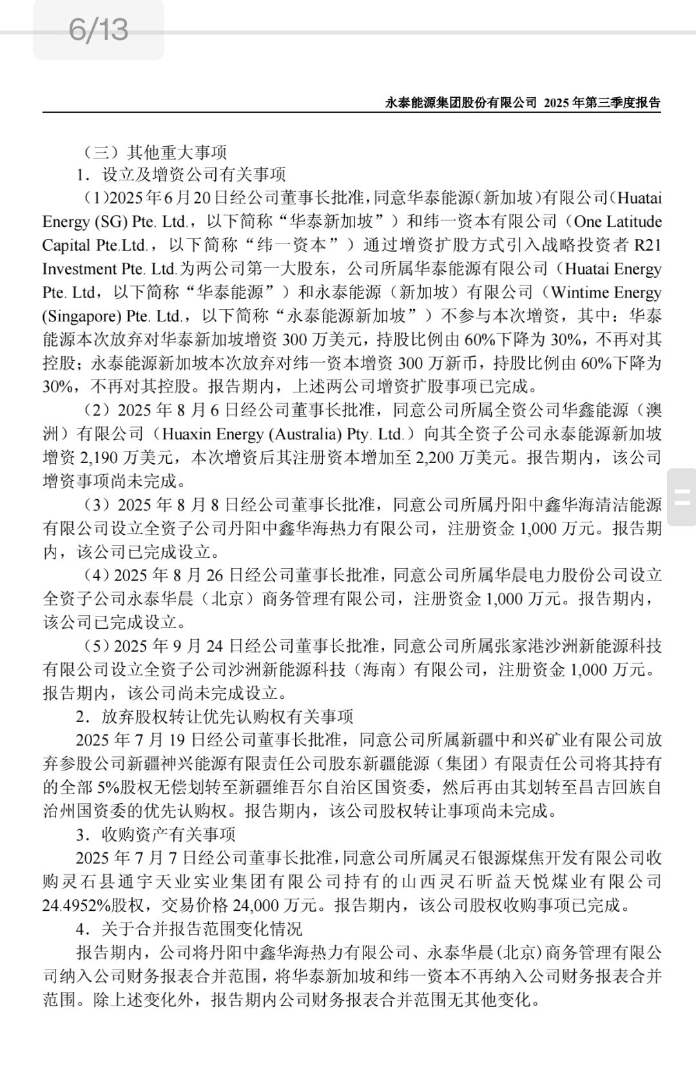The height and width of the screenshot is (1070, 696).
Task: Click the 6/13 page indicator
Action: click(x=99, y=30)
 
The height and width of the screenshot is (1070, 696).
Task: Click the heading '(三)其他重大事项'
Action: click(x=155, y=152)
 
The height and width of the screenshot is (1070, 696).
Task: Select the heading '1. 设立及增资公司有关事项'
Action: click(x=180, y=175)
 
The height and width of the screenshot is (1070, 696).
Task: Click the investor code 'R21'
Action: click(x=648, y=245)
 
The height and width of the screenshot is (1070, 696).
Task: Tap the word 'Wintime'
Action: click(x=575, y=292)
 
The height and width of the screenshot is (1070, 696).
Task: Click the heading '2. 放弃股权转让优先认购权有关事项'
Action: click(x=215, y=717)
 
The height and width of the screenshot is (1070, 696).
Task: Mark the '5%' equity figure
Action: click(x=90, y=788)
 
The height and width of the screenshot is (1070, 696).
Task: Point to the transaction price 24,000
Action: click(x=254, y=905)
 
